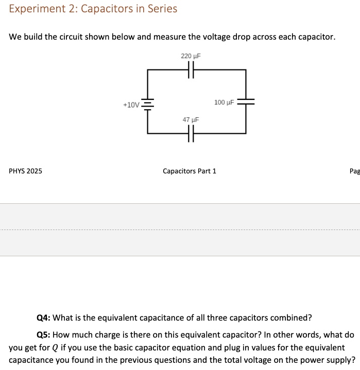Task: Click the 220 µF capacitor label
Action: tap(191, 56)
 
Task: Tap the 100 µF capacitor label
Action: tap(224, 102)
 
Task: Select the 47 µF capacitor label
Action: tap(191, 119)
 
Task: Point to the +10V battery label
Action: tap(131, 105)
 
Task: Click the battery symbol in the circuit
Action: tap(148, 104)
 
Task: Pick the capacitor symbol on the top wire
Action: tap(191, 70)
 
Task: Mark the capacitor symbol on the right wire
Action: tap(246, 102)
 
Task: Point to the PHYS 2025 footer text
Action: tap(26, 171)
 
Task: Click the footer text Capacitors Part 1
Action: tap(190, 171)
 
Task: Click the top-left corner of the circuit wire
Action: tap(148, 70)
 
